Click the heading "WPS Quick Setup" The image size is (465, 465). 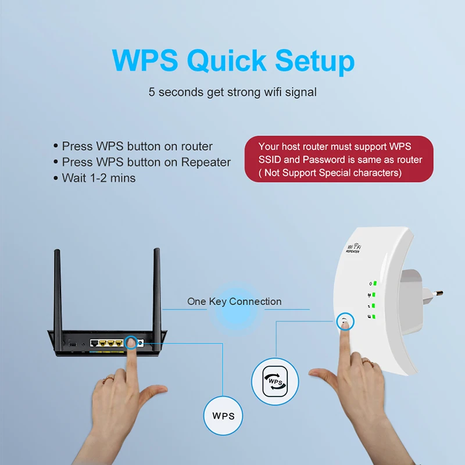point(233,60)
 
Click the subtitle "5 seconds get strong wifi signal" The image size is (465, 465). point(233,92)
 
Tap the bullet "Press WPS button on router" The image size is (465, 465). point(137,146)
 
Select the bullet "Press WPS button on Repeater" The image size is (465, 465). point(146,162)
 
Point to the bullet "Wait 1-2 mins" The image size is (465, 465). point(98,178)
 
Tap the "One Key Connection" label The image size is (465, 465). point(234,302)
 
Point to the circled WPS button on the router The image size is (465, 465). point(131,343)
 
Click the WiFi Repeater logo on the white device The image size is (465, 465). point(353,248)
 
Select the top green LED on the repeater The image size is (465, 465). point(375,284)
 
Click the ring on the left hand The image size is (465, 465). point(108,380)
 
